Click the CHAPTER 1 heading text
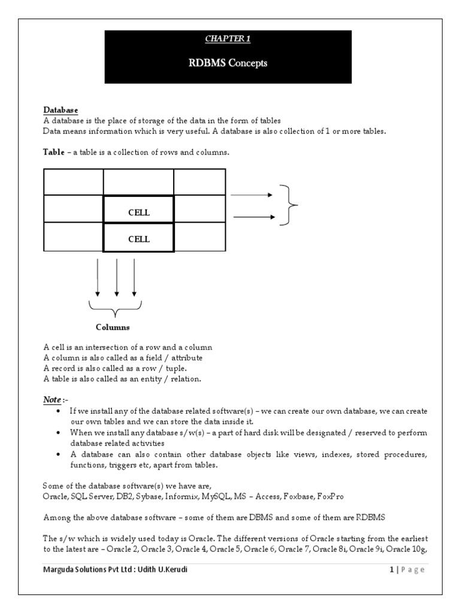228,39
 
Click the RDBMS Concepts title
228,62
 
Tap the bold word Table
54,153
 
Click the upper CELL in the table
138,212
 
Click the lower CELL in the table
138,239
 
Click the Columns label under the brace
113,327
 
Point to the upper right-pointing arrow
252,195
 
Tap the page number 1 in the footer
391,570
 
